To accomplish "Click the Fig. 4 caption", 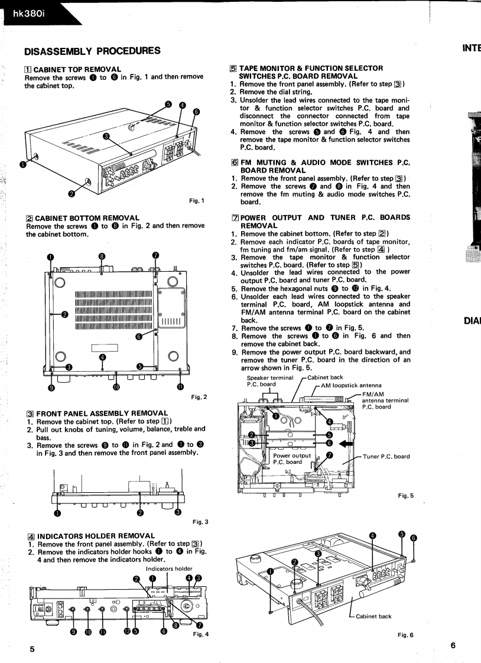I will (201, 633).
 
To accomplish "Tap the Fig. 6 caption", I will (406, 636).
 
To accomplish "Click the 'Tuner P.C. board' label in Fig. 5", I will (386, 456).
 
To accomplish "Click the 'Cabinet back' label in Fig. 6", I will (373, 616).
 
